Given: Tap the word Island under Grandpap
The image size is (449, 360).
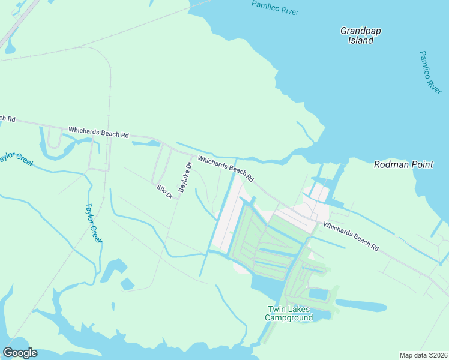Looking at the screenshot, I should tap(361, 40).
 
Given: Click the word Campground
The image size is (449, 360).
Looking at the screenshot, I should tap(289, 317).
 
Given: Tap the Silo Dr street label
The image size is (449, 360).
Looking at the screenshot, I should tap(164, 191).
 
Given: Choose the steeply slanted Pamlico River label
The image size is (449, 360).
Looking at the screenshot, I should tap(430, 72).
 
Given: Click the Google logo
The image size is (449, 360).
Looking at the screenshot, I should tap(20, 353).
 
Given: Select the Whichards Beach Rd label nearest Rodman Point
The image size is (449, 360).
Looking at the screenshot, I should tap(351, 237).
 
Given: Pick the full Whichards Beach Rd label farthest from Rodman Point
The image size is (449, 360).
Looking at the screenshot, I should tap(98, 132).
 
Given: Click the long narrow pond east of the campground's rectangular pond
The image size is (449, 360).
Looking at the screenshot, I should tap(360, 306).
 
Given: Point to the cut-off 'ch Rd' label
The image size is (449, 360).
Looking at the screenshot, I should tap(7, 118).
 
